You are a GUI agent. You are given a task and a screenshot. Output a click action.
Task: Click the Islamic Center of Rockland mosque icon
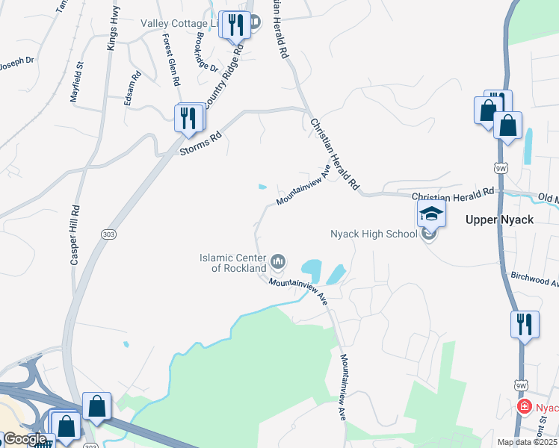[x=279, y=261]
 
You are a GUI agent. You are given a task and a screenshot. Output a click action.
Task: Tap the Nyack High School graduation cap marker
[x=431, y=214]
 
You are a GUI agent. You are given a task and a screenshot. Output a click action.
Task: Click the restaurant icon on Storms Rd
[x=188, y=117]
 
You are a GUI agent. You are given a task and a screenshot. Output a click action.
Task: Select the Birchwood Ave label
[x=534, y=279]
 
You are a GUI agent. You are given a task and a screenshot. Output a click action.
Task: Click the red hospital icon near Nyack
[x=525, y=407]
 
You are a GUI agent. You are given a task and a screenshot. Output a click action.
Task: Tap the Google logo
[x=25, y=438]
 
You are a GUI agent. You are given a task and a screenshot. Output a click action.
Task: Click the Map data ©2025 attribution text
[x=527, y=442]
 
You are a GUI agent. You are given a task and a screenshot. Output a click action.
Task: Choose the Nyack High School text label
[x=374, y=234]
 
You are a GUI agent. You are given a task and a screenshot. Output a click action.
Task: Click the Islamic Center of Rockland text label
[x=232, y=262]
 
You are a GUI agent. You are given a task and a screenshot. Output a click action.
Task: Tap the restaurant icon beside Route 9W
[x=524, y=324]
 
